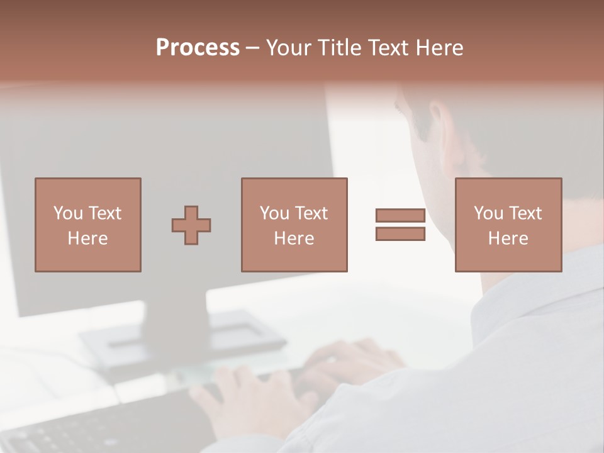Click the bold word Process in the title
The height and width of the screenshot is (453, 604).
click(198, 48)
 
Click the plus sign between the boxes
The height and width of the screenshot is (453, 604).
click(191, 225)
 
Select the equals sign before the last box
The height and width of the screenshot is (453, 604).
click(400, 225)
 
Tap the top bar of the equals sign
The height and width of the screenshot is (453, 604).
click(400, 215)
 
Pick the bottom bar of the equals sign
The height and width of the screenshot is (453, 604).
click(400, 234)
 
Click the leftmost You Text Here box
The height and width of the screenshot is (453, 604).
click(87, 225)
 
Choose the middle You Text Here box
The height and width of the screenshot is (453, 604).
click(294, 225)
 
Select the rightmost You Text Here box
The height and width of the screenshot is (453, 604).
click(508, 225)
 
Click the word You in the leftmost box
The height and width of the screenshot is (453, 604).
click(68, 213)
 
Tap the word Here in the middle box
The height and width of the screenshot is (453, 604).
click(294, 238)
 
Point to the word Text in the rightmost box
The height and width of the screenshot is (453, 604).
click(525, 213)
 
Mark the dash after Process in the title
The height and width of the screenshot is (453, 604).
click(253, 48)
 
